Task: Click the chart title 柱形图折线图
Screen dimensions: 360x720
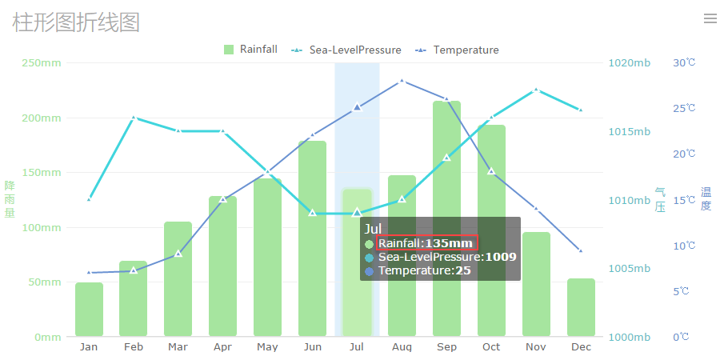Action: (x=76, y=22)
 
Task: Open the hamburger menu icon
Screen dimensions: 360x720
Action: (x=710, y=18)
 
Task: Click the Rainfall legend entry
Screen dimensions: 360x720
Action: (x=251, y=50)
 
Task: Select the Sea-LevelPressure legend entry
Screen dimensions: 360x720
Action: (x=346, y=50)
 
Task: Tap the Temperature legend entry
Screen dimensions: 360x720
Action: (x=457, y=50)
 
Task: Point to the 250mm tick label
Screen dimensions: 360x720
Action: (x=42, y=63)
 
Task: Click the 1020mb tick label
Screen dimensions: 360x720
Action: (x=629, y=63)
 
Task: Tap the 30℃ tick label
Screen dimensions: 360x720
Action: (x=684, y=63)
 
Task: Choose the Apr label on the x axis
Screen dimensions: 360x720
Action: (x=222, y=346)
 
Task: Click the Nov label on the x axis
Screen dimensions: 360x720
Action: (x=536, y=346)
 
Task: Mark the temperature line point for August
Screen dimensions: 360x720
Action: (x=402, y=81)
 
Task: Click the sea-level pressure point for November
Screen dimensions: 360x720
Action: (x=536, y=90)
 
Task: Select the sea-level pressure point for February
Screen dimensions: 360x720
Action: (x=134, y=118)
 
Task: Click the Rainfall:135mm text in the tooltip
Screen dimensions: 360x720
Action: (x=426, y=243)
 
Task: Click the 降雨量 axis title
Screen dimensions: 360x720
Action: (x=10, y=199)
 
